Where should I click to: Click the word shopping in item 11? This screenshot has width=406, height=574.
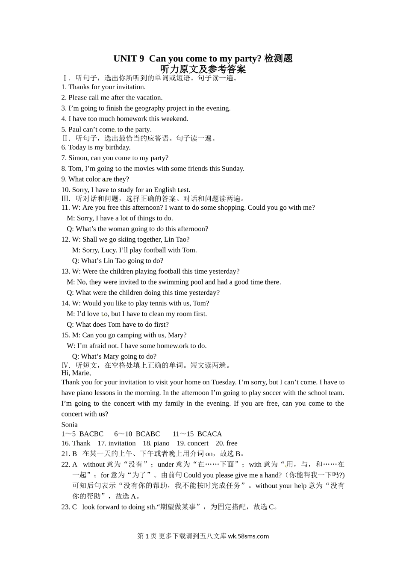[231, 208]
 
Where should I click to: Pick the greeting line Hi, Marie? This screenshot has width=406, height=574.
[76, 373]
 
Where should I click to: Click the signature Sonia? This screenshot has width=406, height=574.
[69, 425]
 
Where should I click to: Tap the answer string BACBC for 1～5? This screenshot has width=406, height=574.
[91, 434]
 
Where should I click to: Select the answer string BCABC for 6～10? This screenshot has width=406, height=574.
[147, 434]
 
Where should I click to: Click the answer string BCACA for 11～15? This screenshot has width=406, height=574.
[209, 434]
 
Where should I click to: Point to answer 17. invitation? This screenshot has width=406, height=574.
[117, 443]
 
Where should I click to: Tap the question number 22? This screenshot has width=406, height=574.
[65, 465]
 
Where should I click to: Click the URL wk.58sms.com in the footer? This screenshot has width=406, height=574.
[248, 536]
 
